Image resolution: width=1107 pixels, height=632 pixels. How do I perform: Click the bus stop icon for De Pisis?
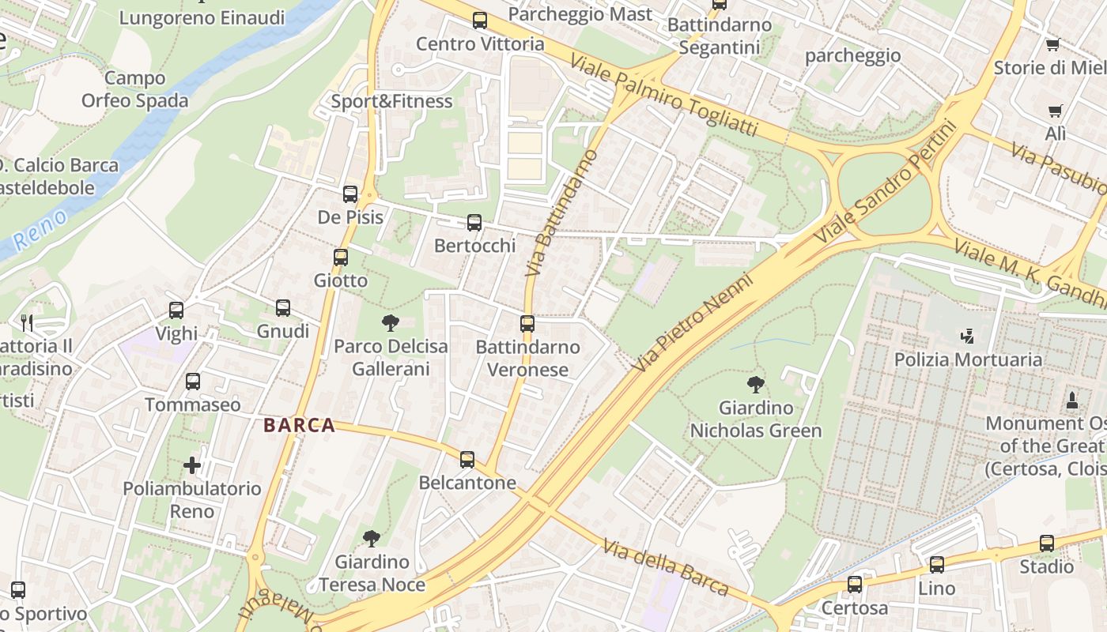350,194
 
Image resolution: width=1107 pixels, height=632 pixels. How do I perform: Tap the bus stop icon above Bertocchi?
474,223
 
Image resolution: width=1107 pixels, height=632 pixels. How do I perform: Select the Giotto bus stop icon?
341,258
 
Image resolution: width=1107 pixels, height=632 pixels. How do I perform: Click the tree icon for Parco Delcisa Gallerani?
390,322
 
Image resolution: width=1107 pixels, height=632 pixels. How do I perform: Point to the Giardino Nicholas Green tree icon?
756,385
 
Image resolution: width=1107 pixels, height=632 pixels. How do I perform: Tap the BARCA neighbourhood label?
300,426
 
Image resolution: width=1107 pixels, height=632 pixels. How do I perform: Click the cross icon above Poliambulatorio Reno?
192,465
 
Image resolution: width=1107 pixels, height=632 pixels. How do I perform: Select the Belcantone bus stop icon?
467,459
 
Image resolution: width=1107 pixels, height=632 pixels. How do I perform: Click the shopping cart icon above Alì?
1055,111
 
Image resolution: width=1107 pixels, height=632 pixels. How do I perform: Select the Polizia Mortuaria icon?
966,337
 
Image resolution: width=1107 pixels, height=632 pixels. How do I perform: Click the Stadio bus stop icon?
1047,544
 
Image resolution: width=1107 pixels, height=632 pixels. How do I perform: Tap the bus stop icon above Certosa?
855,585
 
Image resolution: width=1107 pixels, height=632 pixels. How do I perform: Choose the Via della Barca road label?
665,567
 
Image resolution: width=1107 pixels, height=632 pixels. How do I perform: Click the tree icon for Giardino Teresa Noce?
371,539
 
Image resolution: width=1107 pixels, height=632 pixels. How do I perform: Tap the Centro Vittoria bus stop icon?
480,21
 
